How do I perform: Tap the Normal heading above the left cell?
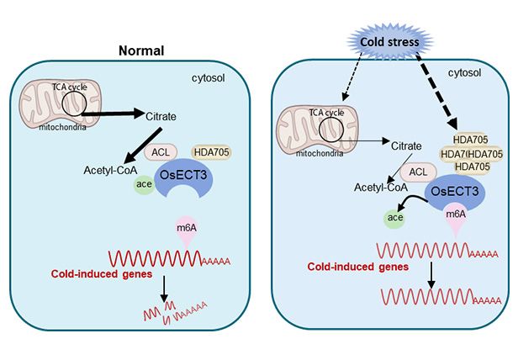click(139, 50)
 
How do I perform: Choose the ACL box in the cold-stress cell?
click(415, 171)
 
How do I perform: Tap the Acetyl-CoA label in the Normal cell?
click(111, 167)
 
